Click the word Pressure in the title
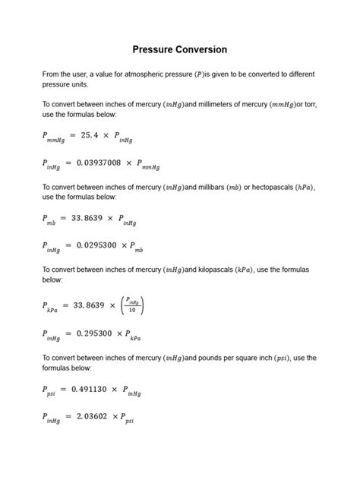[x=155, y=50]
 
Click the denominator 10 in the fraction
[x=132, y=309]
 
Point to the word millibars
[x=216, y=187]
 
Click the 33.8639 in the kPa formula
[x=89, y=305]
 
